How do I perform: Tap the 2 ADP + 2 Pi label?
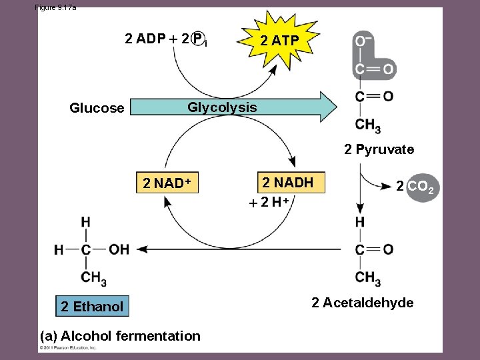click(x=166, y=39)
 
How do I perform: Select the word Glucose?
click(x=97, y=108)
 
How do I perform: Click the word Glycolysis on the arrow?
click(x=222, y=107)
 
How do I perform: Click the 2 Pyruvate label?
click(x=379, y=149)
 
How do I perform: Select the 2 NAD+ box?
click(x=167, y=184)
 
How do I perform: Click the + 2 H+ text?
click(x=269, y=202)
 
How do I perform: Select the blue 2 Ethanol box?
click(x=92, y=307)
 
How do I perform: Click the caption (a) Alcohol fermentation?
click(x=120, y=336)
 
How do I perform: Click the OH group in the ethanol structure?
click(x=118, y=249)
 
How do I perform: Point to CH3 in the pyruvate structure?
click(x=368, y=125)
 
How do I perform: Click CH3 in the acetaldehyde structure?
click(x=368, y=277)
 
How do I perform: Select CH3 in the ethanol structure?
click(x=93, y=277)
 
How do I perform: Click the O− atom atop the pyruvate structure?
click(x=363, y=42)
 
